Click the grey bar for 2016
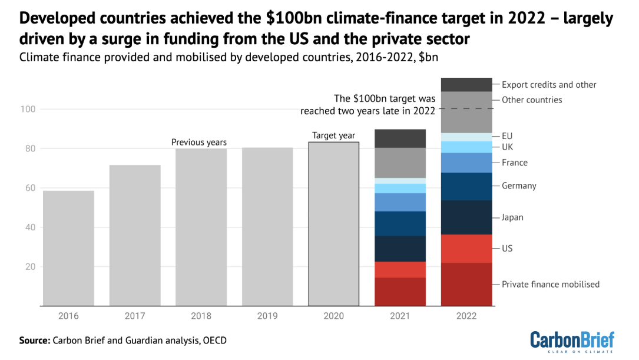[68, 248]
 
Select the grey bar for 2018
[201, 227]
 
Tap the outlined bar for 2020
[333, 224]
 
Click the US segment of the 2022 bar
[466, 248]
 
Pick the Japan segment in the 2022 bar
[466, 217]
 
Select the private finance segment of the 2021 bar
[400, 292]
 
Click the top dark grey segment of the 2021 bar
[400, 138]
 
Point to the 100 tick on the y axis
[29, 109]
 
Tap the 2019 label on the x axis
[267, 316]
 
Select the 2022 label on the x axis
[466, 316]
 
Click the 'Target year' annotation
[333, 136]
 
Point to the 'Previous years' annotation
[199, 142]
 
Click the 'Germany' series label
[519, 186]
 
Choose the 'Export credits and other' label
[549, 85]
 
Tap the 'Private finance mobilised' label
[550, 284]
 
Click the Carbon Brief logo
[572, 342]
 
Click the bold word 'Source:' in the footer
[35, 341]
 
